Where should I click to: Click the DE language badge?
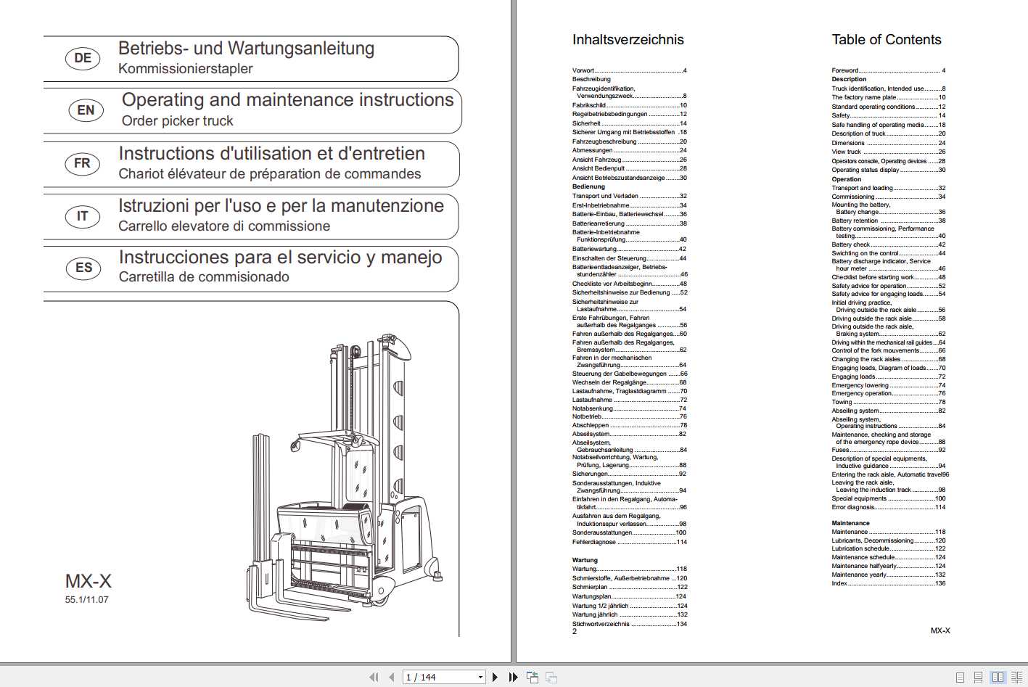(83, 58)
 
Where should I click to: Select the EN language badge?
(86, 110)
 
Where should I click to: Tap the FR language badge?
(83, 163)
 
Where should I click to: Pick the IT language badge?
(83, 216)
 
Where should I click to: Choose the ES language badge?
(83, 268)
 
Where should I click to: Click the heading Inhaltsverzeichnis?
(628, 40)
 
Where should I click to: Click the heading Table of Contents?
(886, 40)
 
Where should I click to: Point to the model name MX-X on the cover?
(89, 581)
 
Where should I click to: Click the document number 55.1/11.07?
(86, 600)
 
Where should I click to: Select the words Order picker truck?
(177, 121)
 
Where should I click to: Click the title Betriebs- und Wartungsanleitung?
(246, 49)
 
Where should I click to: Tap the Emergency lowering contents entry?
(860, 385)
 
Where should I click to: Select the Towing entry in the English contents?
(842, 402)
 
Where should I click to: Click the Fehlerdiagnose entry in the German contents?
(593, 542)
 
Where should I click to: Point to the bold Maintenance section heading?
(850, 523)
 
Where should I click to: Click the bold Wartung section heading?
(585, 560)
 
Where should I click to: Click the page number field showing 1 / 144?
(443, 677)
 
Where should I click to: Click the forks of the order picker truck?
(305, 606)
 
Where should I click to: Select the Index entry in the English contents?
(839, 583)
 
